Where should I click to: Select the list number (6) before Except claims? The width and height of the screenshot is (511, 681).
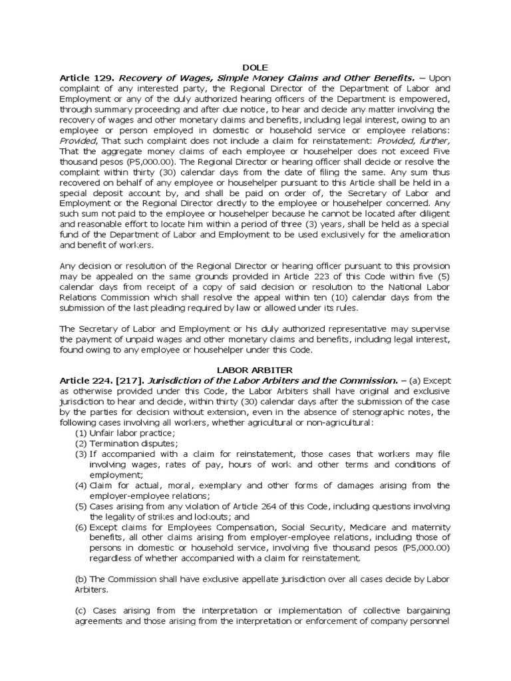click(x=80, y=527)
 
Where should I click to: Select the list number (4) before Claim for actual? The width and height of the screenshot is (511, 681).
click(x=80, y=485)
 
